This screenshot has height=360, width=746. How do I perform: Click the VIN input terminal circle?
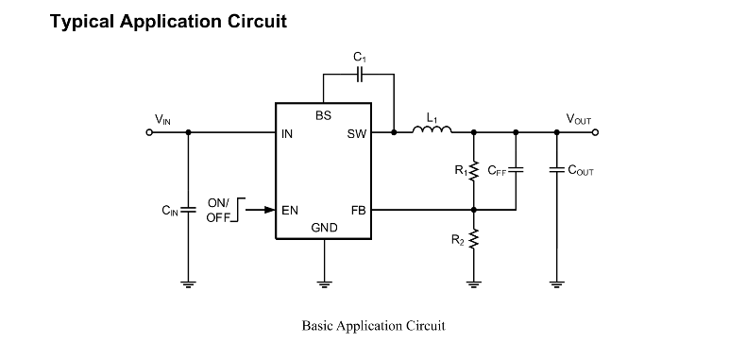[149, 132]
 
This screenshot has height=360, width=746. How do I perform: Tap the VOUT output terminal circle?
[595, 132]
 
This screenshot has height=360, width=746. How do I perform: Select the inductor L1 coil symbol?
[432, 129]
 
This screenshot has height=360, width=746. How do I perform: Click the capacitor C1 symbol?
[360, 75]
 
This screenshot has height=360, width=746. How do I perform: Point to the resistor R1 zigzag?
[473, 171]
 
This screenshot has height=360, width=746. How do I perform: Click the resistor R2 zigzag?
[473, 238]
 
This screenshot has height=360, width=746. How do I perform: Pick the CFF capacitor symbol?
[517, 170]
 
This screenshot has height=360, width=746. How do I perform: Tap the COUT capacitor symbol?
[556, 170]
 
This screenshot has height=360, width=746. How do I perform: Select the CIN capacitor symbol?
[189, 210]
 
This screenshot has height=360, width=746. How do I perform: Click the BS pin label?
[324, 115]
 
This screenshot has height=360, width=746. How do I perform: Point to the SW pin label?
[357, 134]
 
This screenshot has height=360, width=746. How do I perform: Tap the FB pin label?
[359, 210]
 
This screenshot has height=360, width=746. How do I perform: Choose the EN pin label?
[290, 210]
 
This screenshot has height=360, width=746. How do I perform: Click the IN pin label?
[287, 134]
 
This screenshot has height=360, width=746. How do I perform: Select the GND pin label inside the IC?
[325, 228]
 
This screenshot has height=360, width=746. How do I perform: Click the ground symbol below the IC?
[325, 284]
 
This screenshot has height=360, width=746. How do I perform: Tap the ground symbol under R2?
[473, 284]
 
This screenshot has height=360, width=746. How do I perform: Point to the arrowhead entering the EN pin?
[270, 210]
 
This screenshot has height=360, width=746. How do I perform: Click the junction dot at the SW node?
[394, 132]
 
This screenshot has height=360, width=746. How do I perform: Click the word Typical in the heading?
[82, 22]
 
